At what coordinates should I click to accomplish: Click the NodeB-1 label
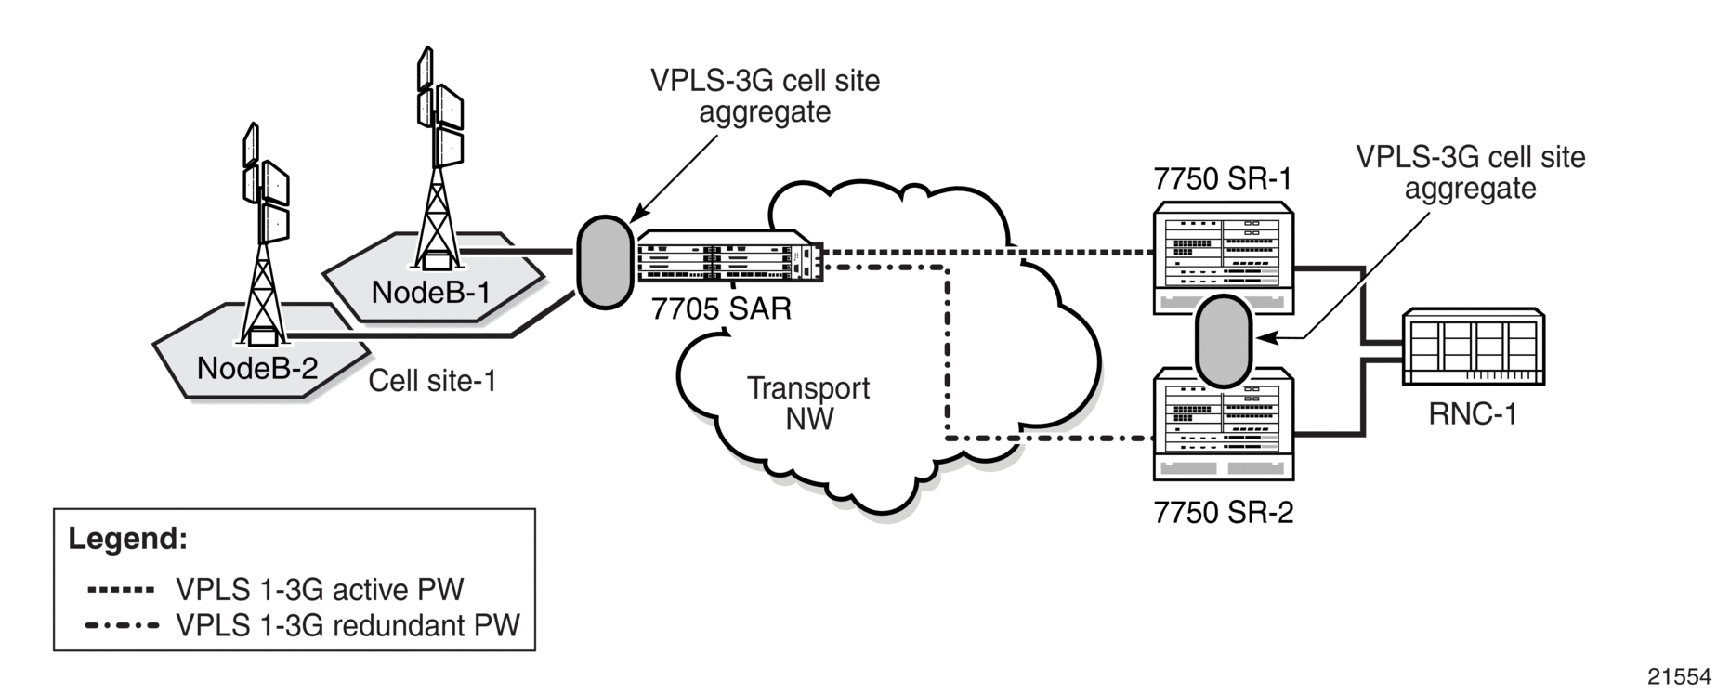click(x=430, y=293)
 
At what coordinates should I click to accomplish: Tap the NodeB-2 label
click(x=257, y=369)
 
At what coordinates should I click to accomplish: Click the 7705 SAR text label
click(x=721, y=308)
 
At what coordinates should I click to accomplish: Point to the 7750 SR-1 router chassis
click(x=1224, y=255)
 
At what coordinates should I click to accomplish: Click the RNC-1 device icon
click(x=1474, y=347)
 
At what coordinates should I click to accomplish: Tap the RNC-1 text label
click(x=1473, y=414)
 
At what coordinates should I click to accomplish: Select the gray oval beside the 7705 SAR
click(x=605, y=262)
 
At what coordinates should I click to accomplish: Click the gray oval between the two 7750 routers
click(x=1223, y=341)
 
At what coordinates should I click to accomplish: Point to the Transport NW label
click(x=808, y=403)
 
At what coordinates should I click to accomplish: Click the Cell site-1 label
click(x=432, y=381)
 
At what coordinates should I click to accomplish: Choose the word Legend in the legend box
click(x=127, y=539)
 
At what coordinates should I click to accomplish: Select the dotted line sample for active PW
click(x=120, y=590)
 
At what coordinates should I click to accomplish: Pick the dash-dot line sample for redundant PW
click(x=122, y=625)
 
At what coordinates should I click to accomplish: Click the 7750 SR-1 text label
click(x=1223, y=178)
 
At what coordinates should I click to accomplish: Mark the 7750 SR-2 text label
click(x=1224, y=513)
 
